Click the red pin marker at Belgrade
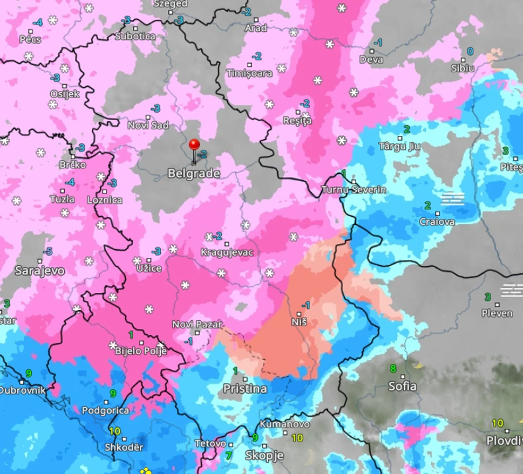(194, 145)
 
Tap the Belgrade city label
(193, 174)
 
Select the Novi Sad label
(148, 125)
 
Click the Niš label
(299, 322)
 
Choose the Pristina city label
(245, 388)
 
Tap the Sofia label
(403, 386)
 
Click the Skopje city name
(264, 455)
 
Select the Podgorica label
(105, 410)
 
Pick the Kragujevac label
(228, 253)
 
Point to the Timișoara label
(250, 73)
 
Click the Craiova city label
(437, 221)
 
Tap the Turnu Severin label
(354, 190)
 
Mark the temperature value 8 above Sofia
(393, 369)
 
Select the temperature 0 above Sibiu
(470, 51)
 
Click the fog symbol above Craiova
(453, 198)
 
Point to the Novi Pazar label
(197, 324)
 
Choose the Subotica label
(135, 36)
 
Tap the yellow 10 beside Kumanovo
(297, 438)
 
